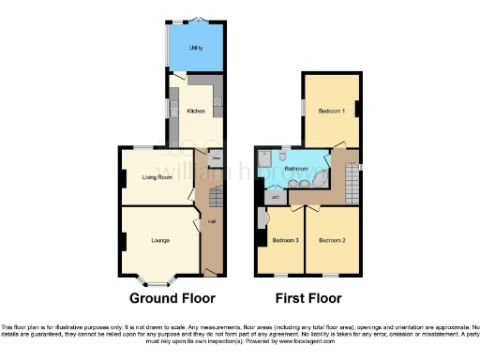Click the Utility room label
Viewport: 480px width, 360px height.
click(194, 46)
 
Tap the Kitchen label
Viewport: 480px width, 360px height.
click(196, 111)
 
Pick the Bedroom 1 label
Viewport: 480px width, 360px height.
click(331, 112)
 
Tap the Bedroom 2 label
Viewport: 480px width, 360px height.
click(332, 240)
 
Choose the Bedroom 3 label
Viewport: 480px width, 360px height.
click(285, 240)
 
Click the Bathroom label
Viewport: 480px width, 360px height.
click(298, 170)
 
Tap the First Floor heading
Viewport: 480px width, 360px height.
click(308, 298)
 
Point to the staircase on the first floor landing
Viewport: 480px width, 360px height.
click(352, 178)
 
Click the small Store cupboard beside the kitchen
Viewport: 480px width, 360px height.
click(216, 158)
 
